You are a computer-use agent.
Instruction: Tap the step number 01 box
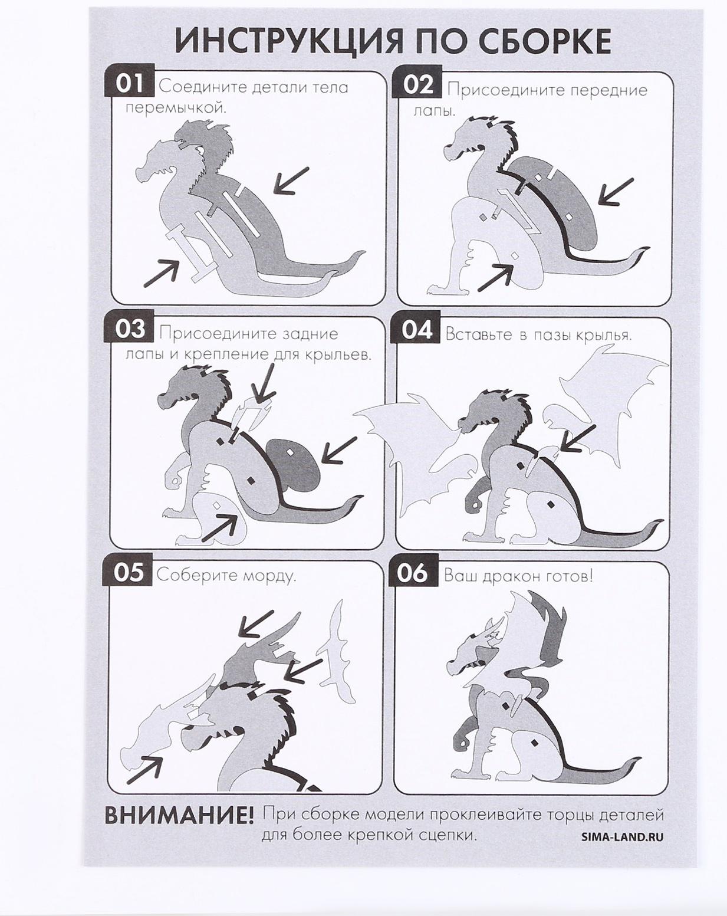[x=129, y=84]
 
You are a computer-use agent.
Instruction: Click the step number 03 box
[x=129, y=330]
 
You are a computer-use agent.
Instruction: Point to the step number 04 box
[x=416, y=330]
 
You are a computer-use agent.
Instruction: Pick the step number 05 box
[x=128, y=573]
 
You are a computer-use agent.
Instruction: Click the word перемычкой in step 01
[x=175, y=108]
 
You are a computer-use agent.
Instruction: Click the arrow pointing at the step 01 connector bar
[x=161, y=273]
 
